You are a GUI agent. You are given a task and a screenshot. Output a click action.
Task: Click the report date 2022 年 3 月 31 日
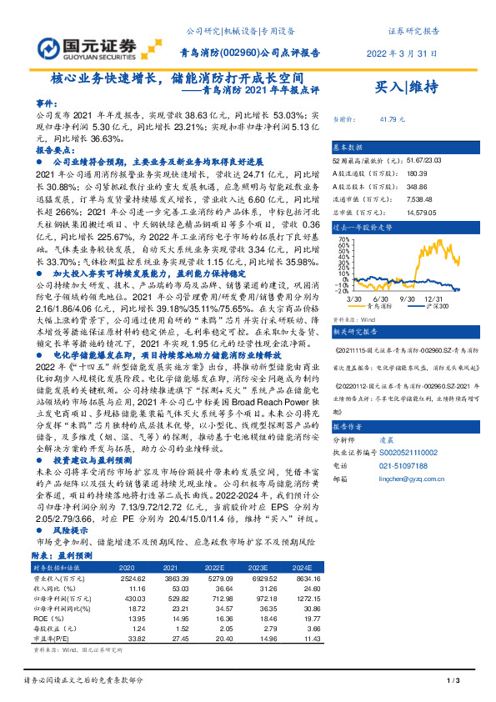pyautogui.click(x=402, y=53)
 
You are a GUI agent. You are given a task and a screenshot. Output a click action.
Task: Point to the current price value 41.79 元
pyautogui.click(x=393, y=119)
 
